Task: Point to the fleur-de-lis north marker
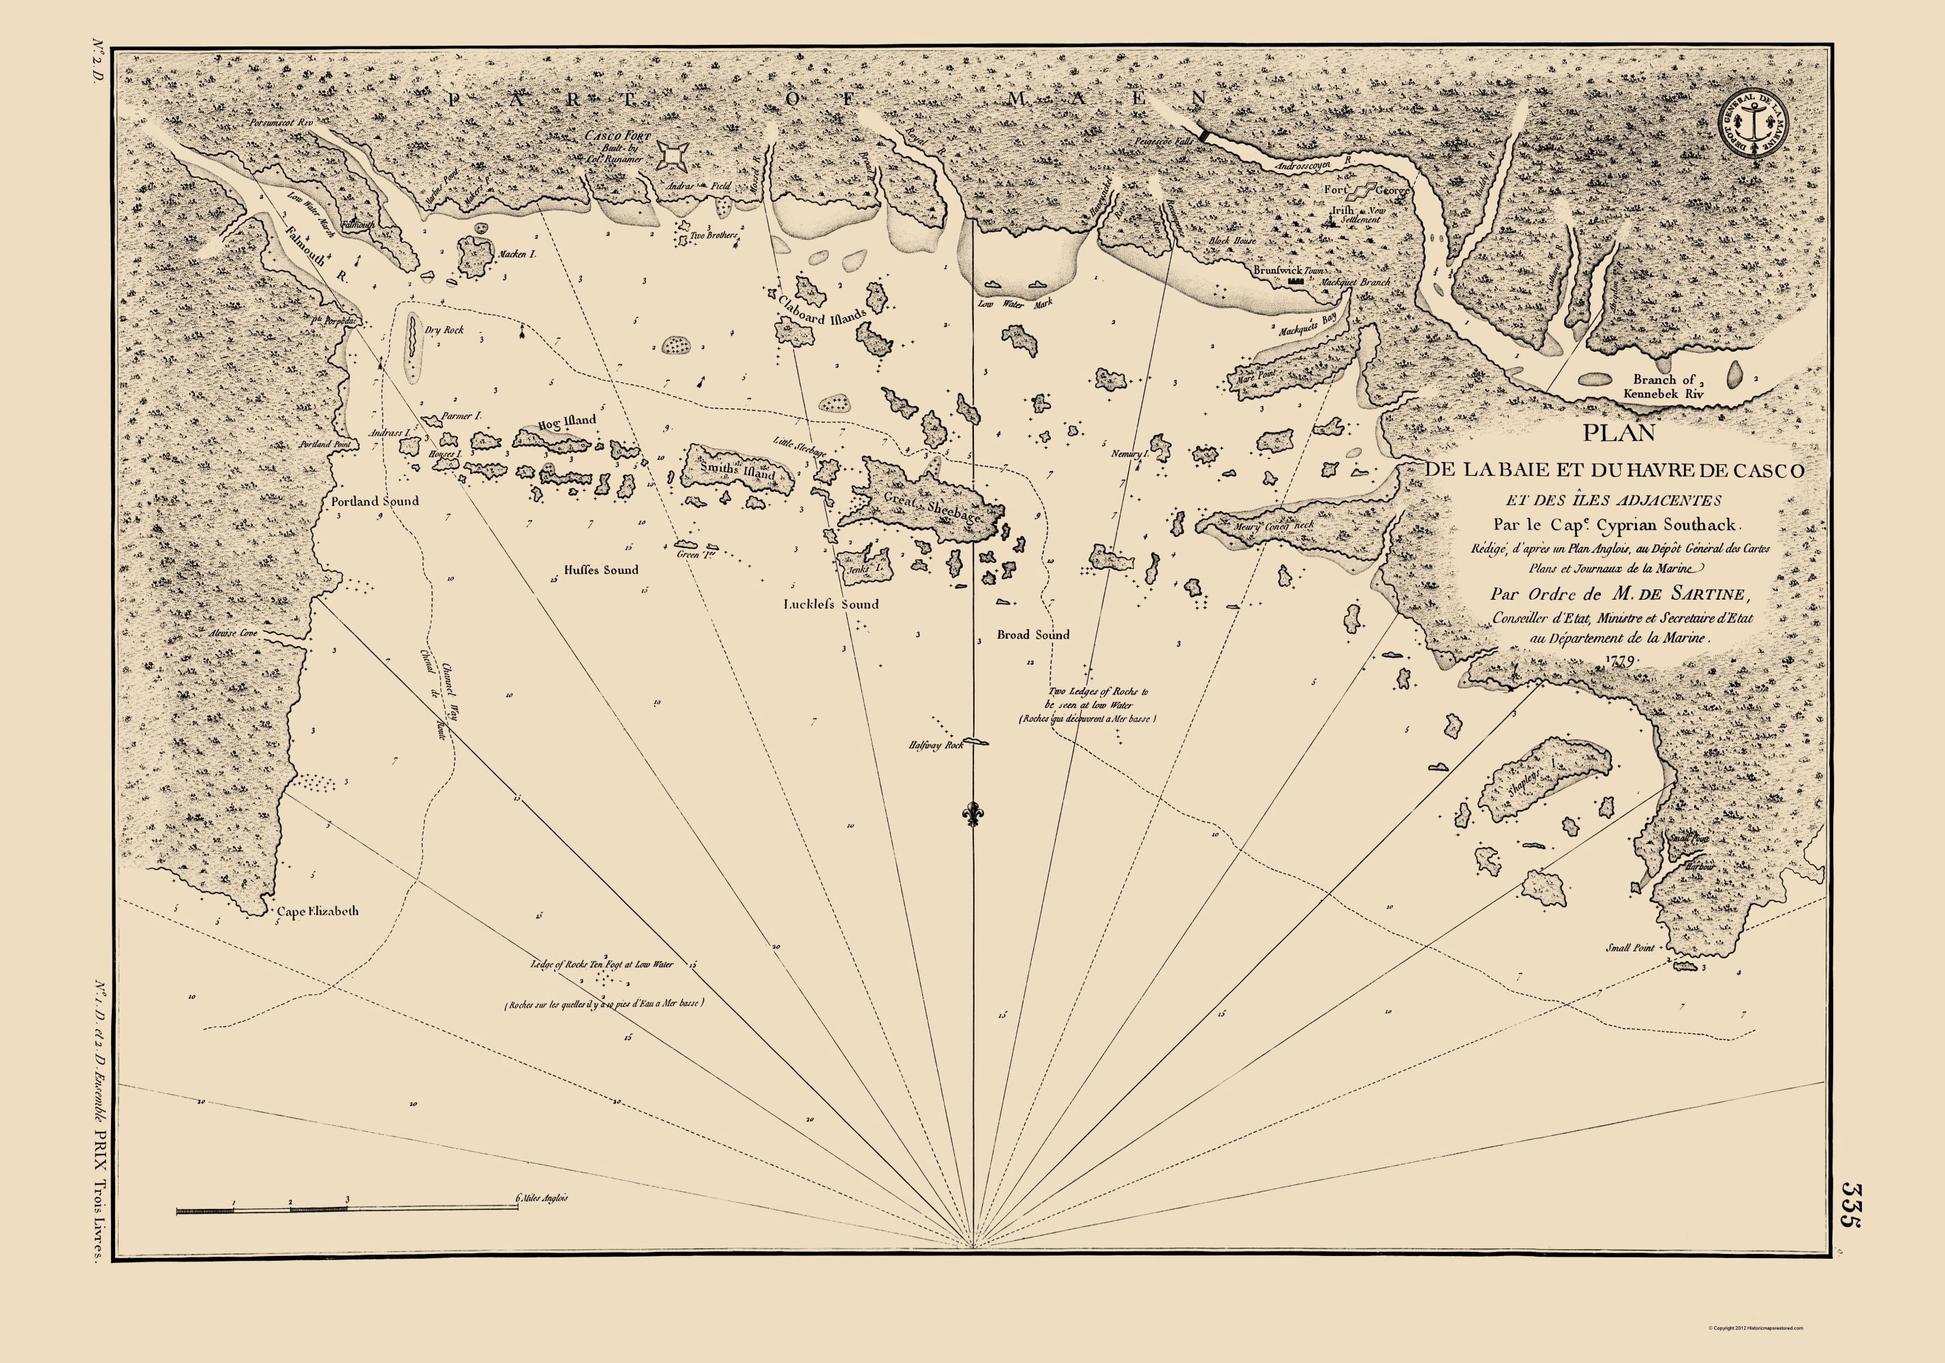tap(973, 812)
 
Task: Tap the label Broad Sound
tap(1032, 634)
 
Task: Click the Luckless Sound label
tap(830, 604)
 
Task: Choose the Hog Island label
tap(567, 422)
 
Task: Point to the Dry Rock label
tap(444, 331)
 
